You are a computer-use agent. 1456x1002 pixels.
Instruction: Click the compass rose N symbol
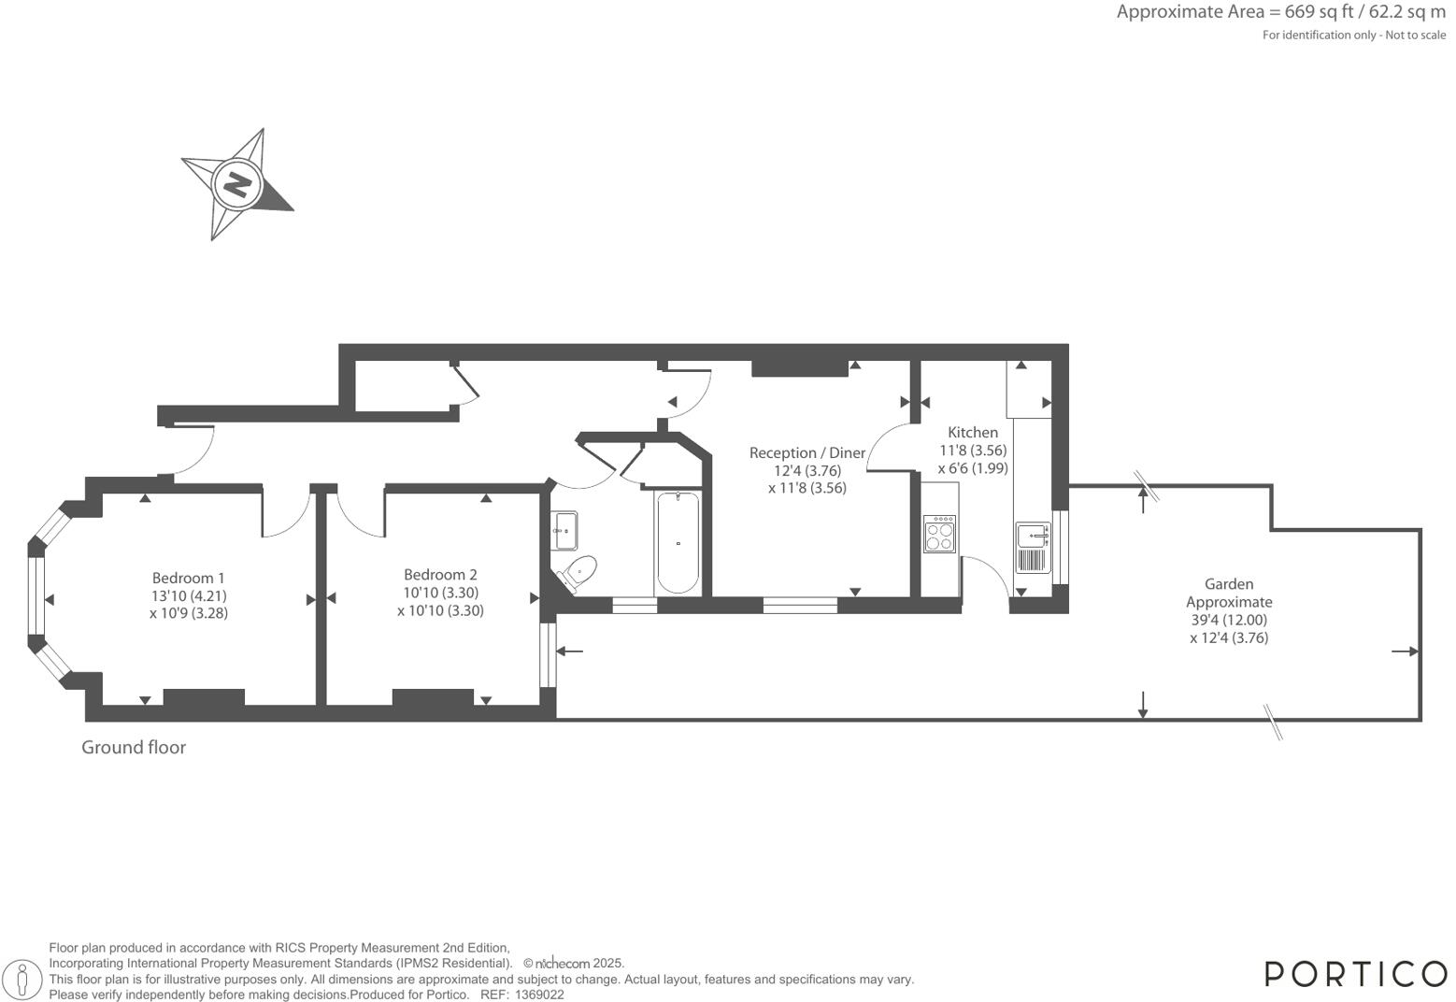[x=237, y=183]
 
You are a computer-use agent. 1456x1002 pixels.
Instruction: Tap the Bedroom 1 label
[x=189, y=578]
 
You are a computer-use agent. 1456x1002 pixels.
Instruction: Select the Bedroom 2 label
[x=440, y=575]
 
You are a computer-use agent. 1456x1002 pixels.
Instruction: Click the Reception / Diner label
[x=807, y=452]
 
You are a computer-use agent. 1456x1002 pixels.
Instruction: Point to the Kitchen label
[x=973, y=432]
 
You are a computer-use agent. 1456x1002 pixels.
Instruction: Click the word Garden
[x=1229, y=584]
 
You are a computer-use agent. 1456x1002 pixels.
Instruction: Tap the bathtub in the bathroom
[x=678, y=542]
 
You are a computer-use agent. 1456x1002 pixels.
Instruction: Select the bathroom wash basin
[x=564, y=530]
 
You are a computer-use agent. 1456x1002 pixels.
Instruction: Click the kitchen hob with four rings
[x=939, y=534]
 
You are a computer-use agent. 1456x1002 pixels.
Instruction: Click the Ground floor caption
[x=134, y=747]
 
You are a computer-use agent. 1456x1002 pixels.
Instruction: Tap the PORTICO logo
[x=1355, y=974]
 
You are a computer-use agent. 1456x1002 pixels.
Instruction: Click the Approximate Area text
[x=1280, y=12]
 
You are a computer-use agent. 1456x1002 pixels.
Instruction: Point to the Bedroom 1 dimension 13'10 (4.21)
[x=189, y=595]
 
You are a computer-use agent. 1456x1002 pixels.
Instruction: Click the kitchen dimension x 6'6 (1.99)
[x=973, y=468]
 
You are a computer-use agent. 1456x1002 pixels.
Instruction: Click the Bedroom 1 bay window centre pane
[x=36, y=595]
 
